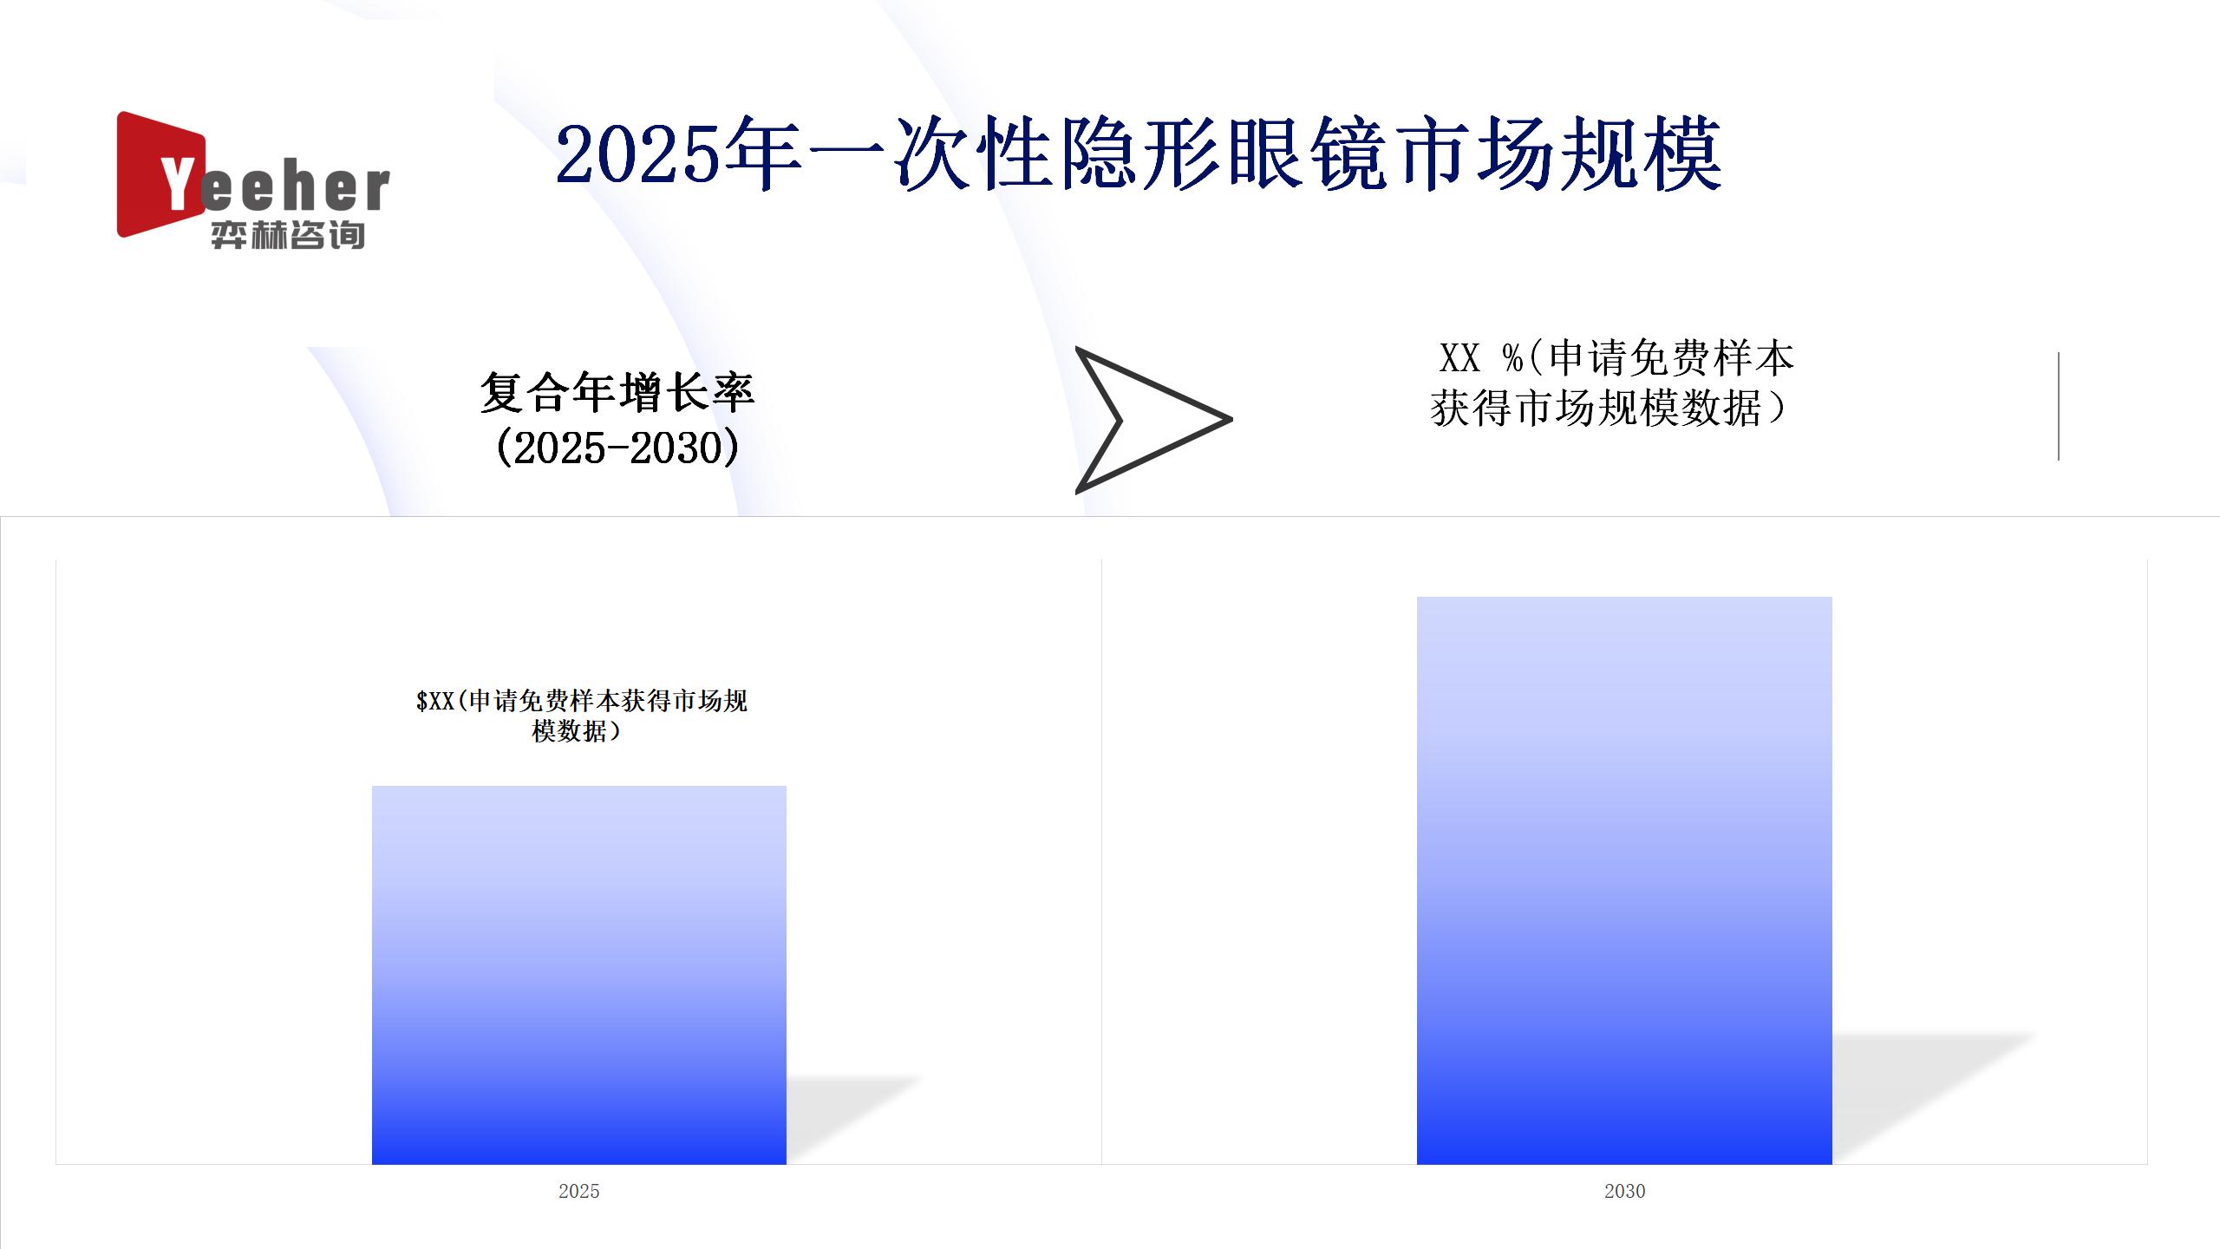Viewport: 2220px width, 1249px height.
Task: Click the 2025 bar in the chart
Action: [x=579, y=975]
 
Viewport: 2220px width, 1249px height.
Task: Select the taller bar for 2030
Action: [x=1624, y=880]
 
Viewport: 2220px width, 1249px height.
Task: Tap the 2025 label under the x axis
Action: [x=579, y=1191]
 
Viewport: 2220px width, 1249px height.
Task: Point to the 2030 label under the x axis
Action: [x=1624, y=1191]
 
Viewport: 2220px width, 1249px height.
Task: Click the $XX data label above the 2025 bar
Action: [x=581, y=716]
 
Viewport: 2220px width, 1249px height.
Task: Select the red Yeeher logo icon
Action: [x=161, y=173]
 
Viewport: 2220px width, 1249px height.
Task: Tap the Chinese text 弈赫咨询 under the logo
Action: [x=288, y=235]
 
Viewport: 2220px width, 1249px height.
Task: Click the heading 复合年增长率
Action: [x=617, y=392]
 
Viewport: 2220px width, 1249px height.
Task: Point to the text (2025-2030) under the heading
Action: [x=617, y=448]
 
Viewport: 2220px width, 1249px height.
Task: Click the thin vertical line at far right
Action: [x=2058, y=406]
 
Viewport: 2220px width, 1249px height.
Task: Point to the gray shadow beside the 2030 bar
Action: [x=1934, y=1097]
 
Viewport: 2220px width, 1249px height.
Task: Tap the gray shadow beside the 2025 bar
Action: [x=854, y=1119]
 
